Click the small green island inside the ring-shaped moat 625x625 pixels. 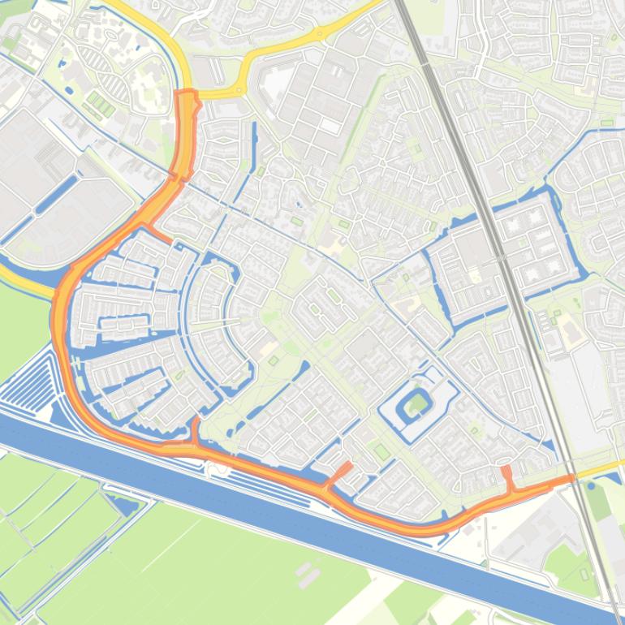pyautogui.click(x=418, y=403)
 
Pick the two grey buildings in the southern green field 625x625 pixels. pyautogui.click(x=307, y=574)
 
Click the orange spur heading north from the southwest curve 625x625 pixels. pyautogui.click(x=196, y=430)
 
